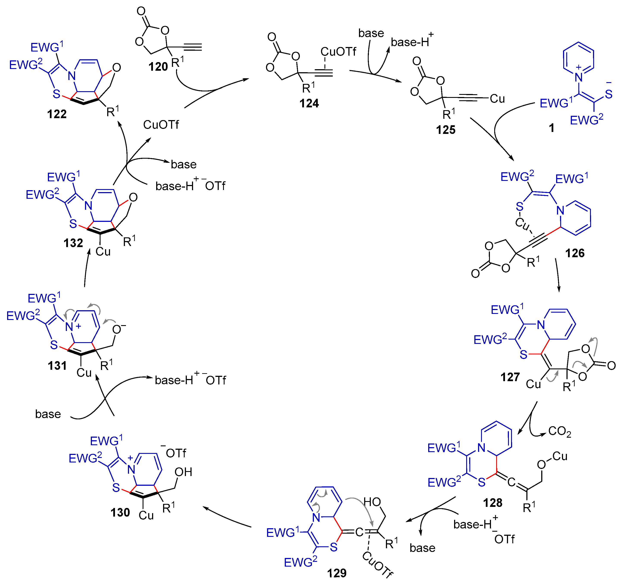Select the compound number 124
pos(309,103)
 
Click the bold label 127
pos(510,377)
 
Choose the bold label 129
pos(337,573)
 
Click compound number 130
pos(120,512)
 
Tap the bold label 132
pos(73,243)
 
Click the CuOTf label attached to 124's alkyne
pos(338,52)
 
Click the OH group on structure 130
pos(183,472)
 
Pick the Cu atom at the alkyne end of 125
pos(497,99)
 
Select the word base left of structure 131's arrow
pos(48,414)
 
